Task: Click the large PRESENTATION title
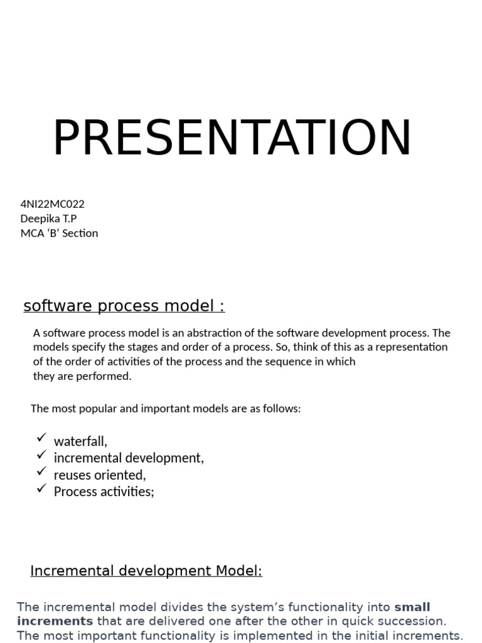232,138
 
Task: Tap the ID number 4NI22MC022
53,204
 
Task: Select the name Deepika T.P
49,219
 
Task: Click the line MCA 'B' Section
60,233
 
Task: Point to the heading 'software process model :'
124,306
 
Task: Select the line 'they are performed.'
82,376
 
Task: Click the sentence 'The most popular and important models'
166,409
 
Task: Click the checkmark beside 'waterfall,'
42,437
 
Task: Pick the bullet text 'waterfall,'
80,441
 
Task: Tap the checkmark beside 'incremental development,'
42,454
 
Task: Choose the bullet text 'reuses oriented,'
100,475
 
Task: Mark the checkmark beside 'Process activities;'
42,487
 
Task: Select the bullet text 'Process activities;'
104,491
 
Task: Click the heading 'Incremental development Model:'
146,571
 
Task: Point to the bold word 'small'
412,607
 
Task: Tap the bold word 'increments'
55,621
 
